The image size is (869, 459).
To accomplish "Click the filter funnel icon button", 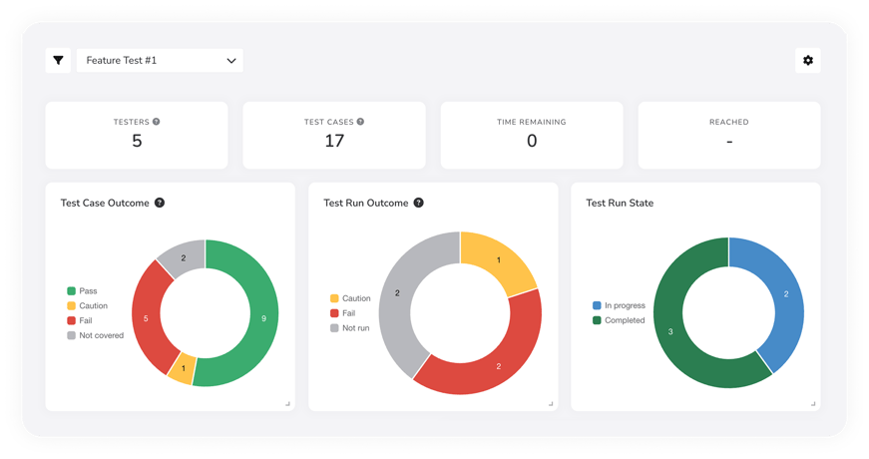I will [59, 61].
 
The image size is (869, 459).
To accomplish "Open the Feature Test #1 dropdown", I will [160, 61].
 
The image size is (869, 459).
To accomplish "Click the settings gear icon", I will [808, 61].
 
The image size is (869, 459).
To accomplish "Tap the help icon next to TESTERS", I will [157, 122].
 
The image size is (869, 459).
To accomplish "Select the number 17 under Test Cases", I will [334, 141].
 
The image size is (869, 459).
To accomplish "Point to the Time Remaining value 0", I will [532, 141].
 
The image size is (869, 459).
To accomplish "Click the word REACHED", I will [729, 122].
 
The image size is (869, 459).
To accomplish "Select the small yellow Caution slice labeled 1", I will [183, 368].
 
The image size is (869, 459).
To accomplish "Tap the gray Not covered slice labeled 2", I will [184, 258].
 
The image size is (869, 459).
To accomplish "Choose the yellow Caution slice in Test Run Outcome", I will [499, 261].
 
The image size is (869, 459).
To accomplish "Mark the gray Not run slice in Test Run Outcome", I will [398, 293].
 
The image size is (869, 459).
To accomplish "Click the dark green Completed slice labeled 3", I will [670, 331].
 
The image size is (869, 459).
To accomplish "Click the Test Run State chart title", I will [620, 203].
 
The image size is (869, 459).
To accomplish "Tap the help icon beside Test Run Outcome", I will [419, 203].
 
